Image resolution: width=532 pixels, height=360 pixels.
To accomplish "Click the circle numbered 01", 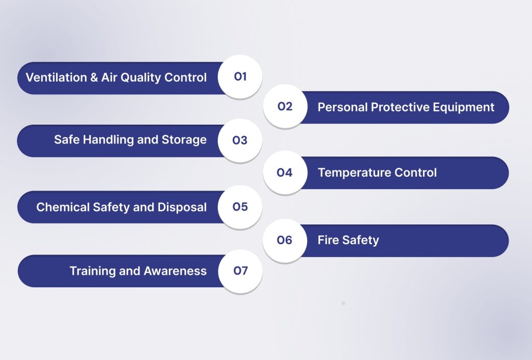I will point(240,77).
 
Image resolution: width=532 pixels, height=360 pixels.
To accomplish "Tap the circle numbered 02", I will point(285,106).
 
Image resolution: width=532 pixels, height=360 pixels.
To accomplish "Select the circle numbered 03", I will point(240,140).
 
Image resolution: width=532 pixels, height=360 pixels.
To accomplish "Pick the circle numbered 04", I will point(285,172).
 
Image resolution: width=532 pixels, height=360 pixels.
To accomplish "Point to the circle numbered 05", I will point(240,207).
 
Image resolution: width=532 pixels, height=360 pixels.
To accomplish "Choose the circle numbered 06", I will point(285,240).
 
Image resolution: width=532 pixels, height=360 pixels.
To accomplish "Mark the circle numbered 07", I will point(240,271).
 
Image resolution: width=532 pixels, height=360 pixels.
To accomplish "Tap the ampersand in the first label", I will point(95,77).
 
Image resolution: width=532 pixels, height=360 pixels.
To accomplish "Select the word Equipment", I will point(465,108).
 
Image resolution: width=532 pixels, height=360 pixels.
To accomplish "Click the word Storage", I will point(184,140).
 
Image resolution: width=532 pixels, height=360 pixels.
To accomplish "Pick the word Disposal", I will point(182,207).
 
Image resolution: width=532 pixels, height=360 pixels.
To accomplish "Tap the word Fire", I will point(327,240).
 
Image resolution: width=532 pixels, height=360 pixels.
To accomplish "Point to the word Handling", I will point(102,140).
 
